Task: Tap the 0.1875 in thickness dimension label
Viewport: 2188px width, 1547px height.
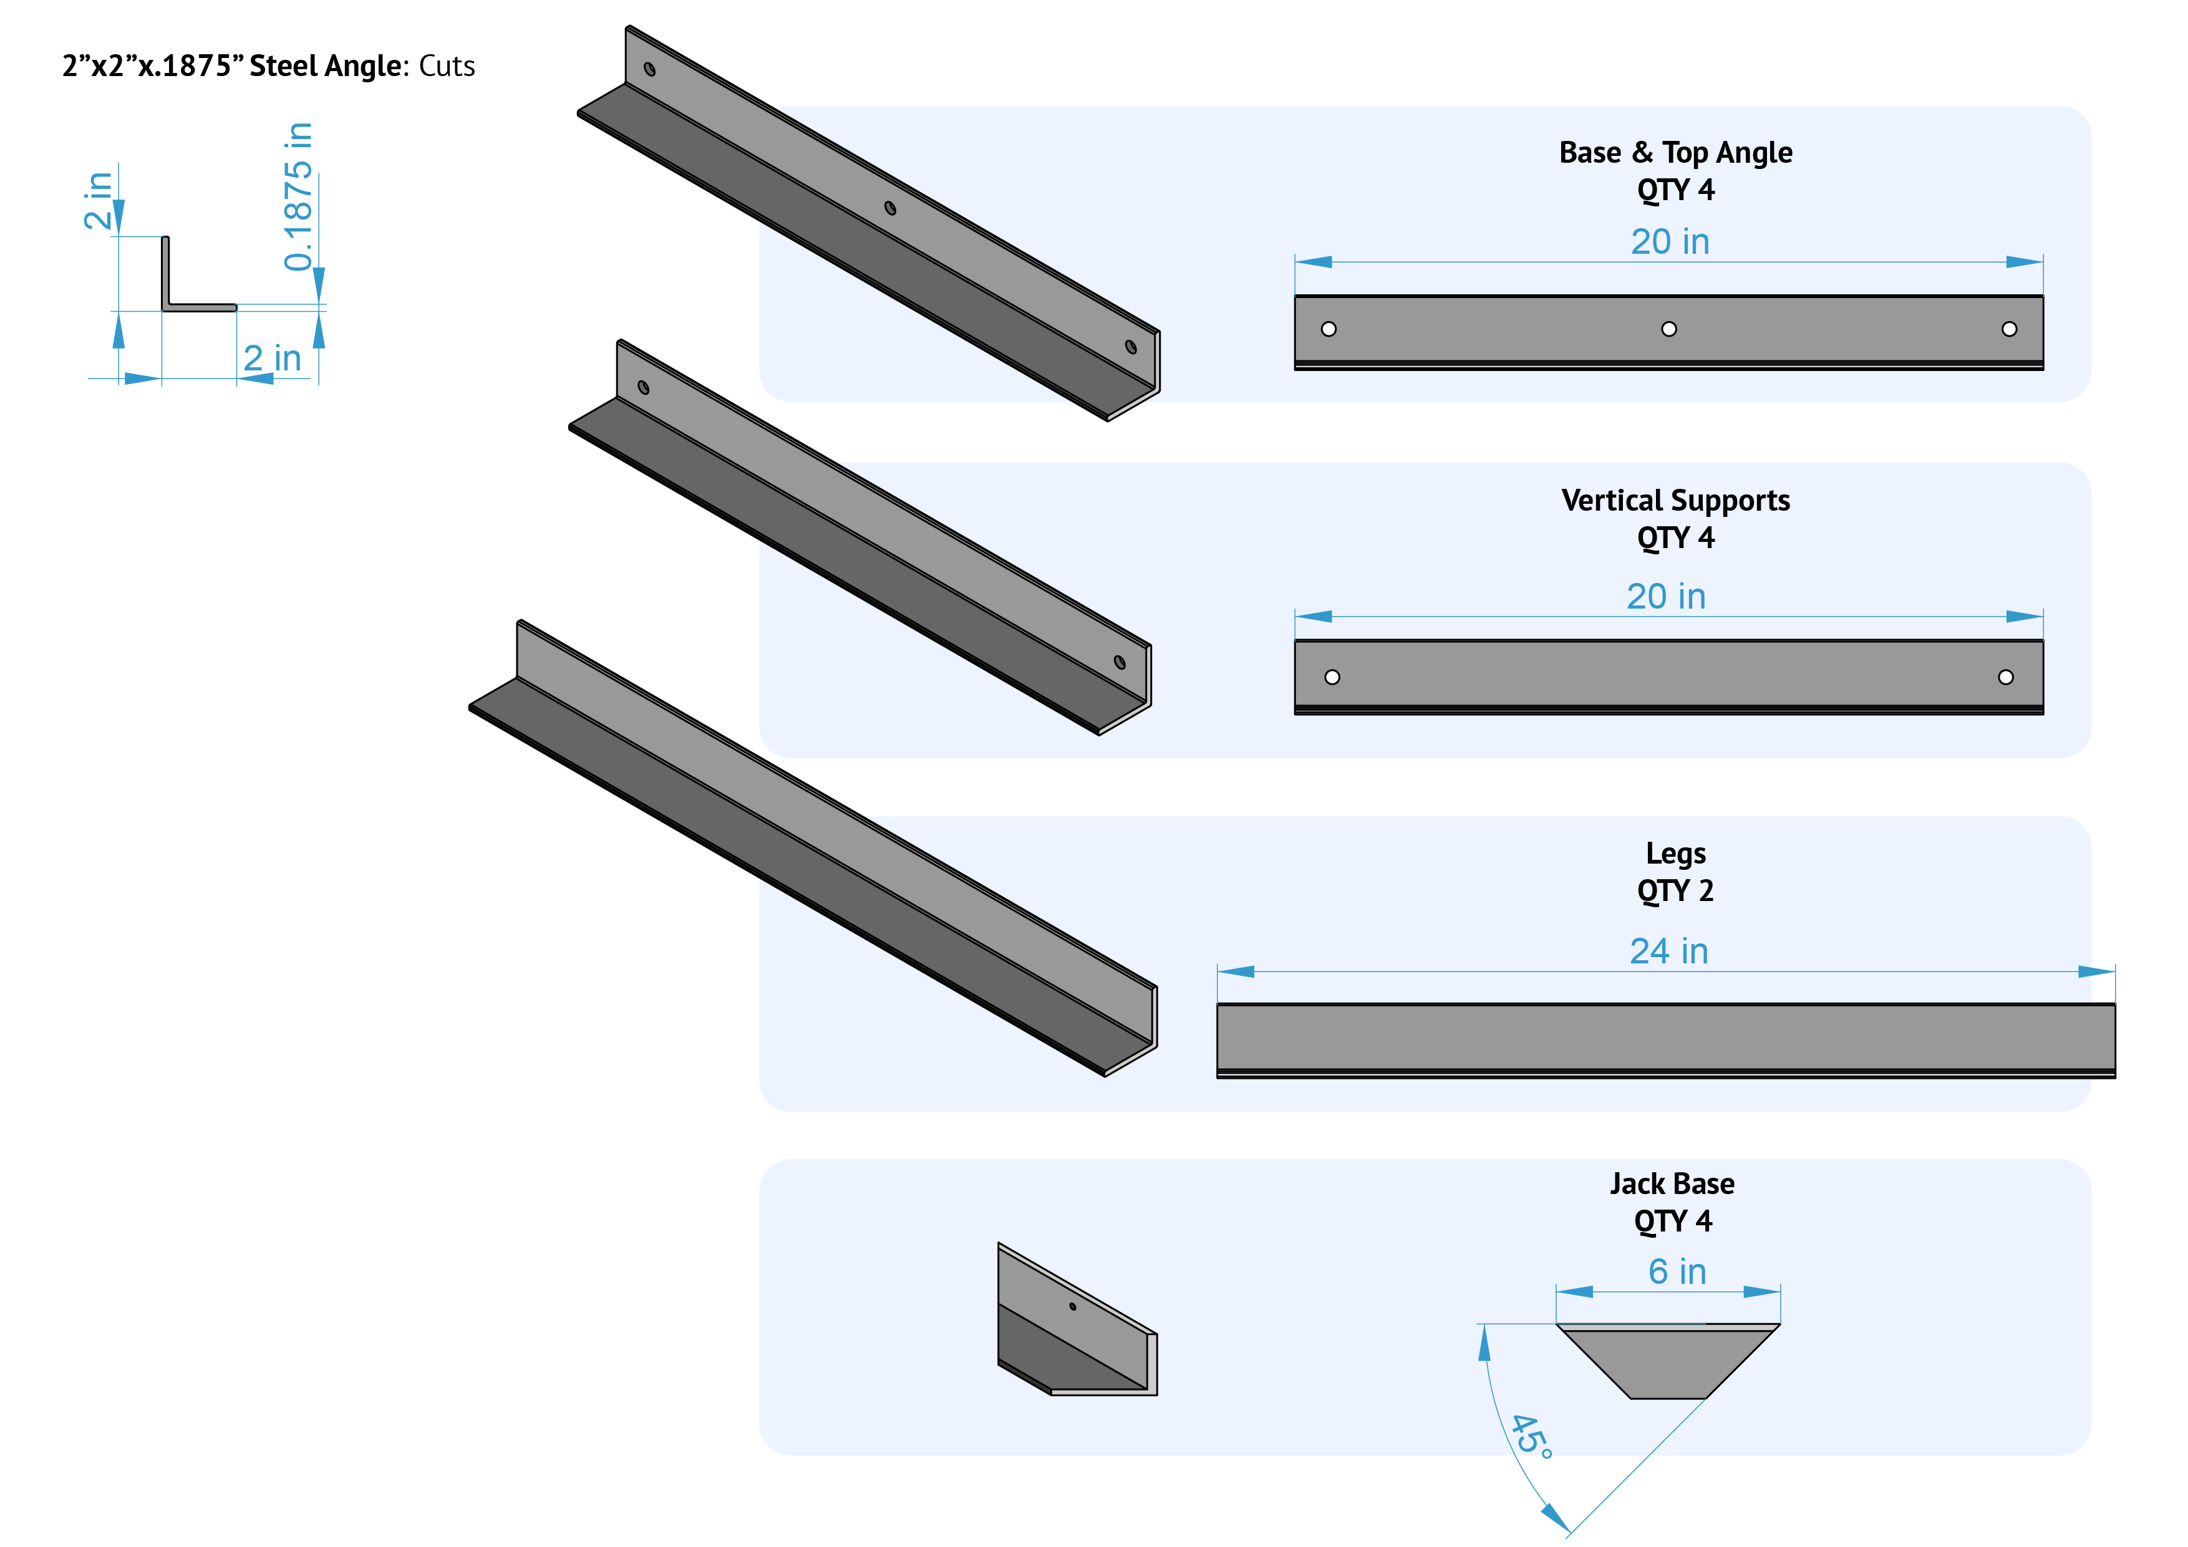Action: tap(298, 196)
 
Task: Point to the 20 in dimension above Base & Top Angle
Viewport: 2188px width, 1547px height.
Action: tap(1670, 242)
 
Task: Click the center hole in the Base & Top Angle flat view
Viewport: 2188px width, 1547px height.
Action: tap(1668, 330)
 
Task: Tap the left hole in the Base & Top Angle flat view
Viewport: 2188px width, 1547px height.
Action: tap(1329, 330)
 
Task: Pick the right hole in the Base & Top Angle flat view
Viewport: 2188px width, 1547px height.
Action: tap(2009, 330)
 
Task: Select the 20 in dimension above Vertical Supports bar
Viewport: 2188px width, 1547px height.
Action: tap(1666, 597)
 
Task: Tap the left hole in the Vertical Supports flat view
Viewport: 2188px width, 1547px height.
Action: tap(1332, 677)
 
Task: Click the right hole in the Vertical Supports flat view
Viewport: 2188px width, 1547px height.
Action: tap(2006, 677)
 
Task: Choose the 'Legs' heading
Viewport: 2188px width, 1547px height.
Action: tap(1675, 854)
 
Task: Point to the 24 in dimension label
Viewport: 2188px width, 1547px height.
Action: tap(1668, 952)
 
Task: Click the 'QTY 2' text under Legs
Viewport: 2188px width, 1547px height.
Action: tap(1675, 892)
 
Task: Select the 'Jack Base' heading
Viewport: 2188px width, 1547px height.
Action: tap(1672, 1184)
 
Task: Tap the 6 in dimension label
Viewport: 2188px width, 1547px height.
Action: tap(1677, 1271)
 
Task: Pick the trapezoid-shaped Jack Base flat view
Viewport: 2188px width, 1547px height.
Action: tap(1668, 1362)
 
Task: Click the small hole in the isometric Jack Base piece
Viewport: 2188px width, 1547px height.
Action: tap(1073, 1307)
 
